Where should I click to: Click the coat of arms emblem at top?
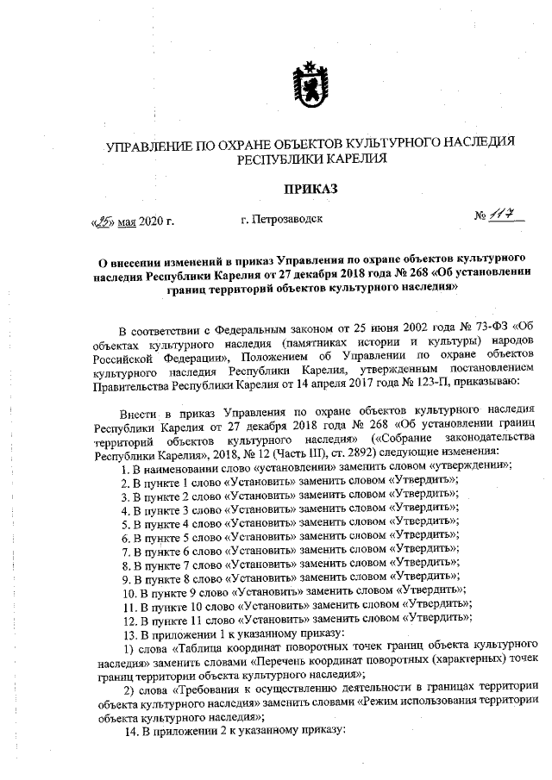(x=309, y=83)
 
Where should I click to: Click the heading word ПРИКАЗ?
(x=309, y=187)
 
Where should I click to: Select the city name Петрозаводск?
(x=283, y=219)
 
